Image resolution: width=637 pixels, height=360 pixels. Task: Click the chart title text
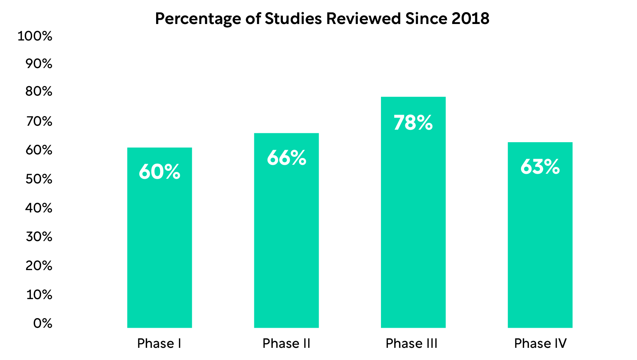pos(322,19)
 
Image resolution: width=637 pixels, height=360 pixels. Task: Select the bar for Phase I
pos(159,251)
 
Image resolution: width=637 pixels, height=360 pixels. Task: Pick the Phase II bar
pos(286,244)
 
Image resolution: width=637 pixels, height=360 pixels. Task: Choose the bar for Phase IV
pos(540,247)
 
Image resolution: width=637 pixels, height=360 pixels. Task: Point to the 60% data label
pos(159,172)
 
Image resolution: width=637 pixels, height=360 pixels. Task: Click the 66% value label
pos(286,158)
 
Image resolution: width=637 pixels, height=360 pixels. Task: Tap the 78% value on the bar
pos(413,123)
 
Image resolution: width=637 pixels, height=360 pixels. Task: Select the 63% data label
pos(540,167)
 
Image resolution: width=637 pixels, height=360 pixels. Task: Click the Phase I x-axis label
pos(159,344)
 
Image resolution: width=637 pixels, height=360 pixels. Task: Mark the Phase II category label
pos(286,344)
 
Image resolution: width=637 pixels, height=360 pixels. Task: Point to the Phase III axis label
pos(411,344)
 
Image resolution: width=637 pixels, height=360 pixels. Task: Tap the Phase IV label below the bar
pos(540,344)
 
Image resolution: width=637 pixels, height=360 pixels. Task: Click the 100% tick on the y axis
pos(35,36)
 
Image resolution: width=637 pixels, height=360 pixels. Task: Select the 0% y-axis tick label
pos(43,323)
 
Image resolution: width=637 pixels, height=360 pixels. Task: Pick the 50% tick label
pos(39,179)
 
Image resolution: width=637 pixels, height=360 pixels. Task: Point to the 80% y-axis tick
pos(39,92)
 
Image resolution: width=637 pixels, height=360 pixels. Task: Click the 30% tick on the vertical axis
pos(39,237)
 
